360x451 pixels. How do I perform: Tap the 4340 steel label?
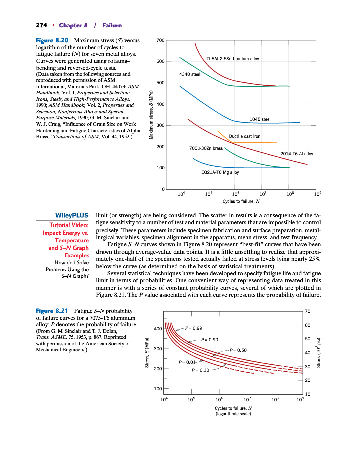pyautogui.click(x=189, y=74)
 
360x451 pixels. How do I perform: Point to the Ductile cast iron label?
pyautogui.click(x=244, y=136)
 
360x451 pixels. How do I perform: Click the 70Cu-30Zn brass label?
pyautogui.click(x=206, y=148)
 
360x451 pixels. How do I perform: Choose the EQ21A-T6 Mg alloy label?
pyautogui.click(x=220, y=172)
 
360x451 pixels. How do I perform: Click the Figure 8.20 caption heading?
pyautogui.click(x=52, y=40)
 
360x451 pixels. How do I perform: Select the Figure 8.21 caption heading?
pyautogui.click(x=52, y=311)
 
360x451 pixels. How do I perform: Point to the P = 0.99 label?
pyautogui.click(x=194, y=328)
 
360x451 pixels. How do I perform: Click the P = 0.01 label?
pyautogui.click(x=187, y=362)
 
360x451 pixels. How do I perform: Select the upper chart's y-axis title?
pyautogui.click(x=151, y=115)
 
